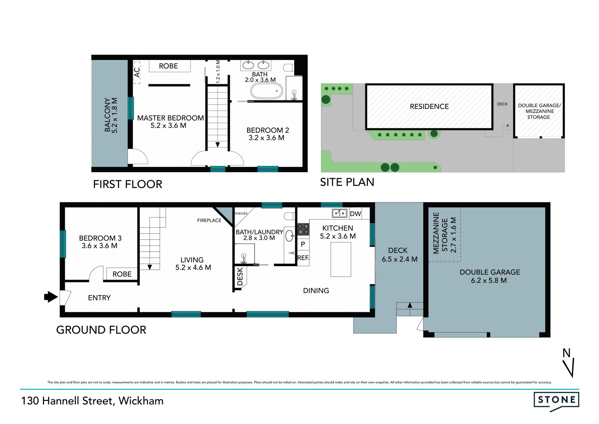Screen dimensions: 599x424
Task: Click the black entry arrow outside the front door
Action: [x=51, y=297]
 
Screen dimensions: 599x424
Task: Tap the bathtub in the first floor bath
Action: [x=266, y=91]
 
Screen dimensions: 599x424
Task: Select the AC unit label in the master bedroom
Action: [x=137, y=72]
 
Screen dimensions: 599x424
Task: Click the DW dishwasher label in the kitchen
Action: [x=355, y=214]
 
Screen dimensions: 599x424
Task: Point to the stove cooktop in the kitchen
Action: [x=303, y=229]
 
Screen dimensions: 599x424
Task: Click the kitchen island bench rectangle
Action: [x=341, y=259]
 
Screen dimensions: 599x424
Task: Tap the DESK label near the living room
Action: [x=240, y=277]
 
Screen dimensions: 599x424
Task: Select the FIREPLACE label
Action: [x=209, y=220]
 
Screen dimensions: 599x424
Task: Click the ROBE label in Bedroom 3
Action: [x=122, y=274]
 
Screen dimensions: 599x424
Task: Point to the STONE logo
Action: [x=556, y=401]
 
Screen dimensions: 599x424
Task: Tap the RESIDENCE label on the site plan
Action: [x=429, y=107]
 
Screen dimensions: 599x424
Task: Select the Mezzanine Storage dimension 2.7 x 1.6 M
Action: [x=454, y=235]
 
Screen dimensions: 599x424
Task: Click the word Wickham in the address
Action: [x=141, y=401]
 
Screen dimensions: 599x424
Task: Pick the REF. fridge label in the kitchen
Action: [x=303, y=258]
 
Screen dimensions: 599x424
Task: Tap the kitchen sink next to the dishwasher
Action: [x=340, y=213]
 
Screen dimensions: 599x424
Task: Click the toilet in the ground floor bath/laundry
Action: [x=289, y=216]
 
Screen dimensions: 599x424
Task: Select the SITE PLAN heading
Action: [x=347, y=182]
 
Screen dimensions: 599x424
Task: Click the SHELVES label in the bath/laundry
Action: [x=241, y=213]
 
